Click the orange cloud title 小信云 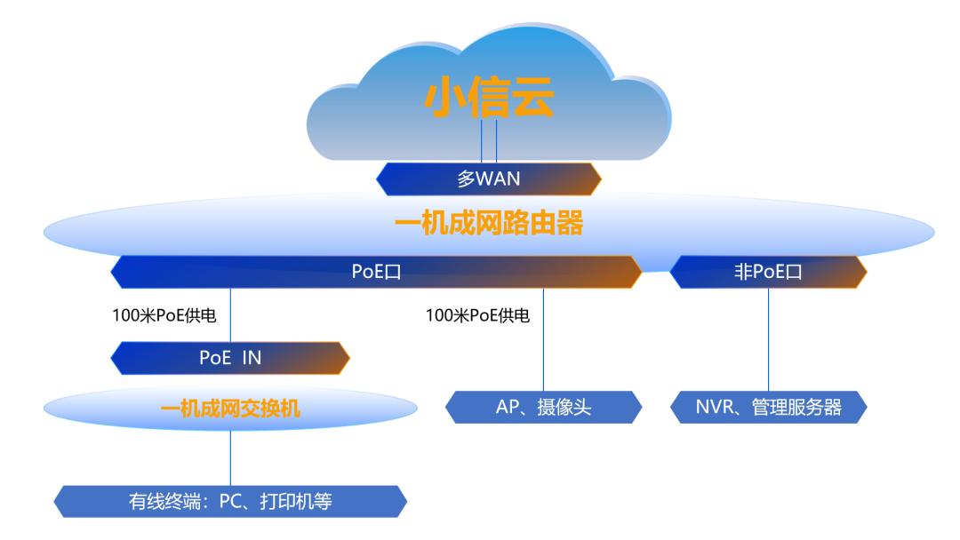[489, 97]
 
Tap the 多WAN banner [489, 179]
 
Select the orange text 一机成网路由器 [489, 223]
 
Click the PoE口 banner [376, 272]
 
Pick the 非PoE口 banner [768, 272]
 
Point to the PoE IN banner [230, 358]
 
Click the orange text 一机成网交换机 [230, 408]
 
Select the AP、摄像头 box [544, 408]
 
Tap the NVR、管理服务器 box [768, 408]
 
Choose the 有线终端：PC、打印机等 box [230, 502]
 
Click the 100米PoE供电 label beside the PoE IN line [164, 315]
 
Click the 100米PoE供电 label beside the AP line [477, 315]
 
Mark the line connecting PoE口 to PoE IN [230, 315]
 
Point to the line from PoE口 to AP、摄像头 [543, 339]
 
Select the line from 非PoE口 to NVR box [768, 339]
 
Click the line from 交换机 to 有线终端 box [230, 458]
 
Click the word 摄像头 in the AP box [564, 408]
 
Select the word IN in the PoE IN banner [252, 358]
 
